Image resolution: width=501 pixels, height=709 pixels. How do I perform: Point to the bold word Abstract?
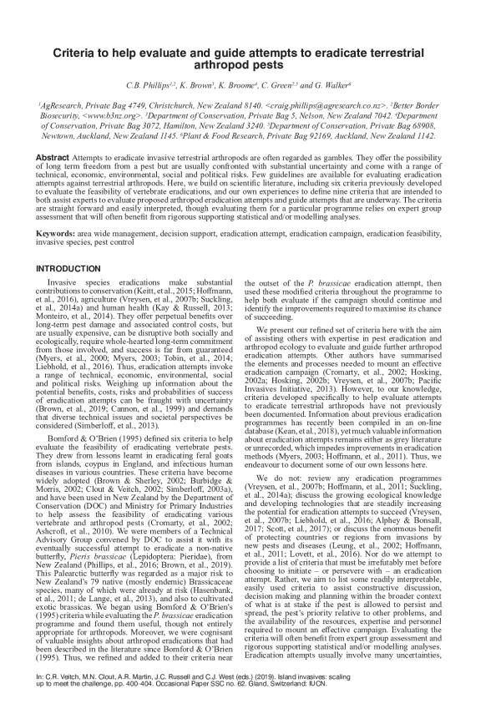(x=56, y=156)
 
